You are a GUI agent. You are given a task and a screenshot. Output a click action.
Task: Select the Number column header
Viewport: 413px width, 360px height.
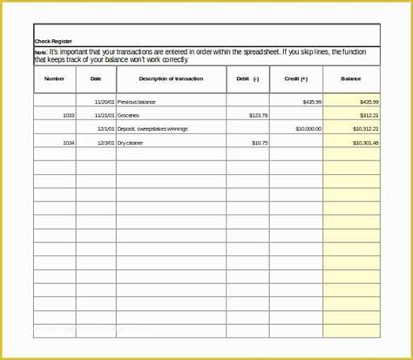coord(54,79)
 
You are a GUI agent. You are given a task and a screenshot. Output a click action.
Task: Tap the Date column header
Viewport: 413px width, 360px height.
coord(96,79)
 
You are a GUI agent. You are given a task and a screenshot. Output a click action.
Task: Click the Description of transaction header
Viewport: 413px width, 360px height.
coord(171,79)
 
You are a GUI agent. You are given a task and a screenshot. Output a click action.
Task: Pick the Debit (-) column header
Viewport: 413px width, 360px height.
coord(247,79)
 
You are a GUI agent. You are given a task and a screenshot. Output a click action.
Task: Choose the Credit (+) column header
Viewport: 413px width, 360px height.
coord(295,79)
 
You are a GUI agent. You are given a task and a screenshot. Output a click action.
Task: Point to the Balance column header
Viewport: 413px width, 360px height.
coord(351,79)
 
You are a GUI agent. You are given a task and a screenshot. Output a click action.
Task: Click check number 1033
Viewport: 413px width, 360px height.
coord(69,115)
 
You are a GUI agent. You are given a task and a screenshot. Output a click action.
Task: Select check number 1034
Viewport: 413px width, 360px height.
coord(69,142)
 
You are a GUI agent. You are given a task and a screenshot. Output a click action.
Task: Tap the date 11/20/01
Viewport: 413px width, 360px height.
coord(105,102)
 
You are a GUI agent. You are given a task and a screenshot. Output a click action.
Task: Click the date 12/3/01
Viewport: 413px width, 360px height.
coord(106,142)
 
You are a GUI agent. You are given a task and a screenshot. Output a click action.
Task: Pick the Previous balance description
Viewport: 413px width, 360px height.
coord(138,102)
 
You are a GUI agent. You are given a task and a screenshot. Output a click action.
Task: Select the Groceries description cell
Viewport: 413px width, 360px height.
coord(130,115)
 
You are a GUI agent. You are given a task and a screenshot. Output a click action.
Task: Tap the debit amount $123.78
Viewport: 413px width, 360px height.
coord(258,115)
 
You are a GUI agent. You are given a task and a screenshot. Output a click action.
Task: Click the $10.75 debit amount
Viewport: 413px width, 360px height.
coord(260,142)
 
